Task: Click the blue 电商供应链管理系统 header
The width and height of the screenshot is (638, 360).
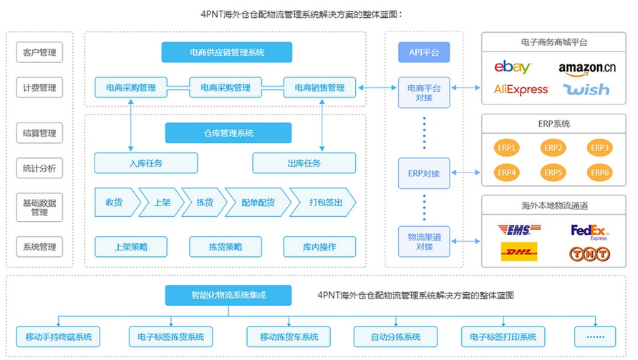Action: pos(226,52)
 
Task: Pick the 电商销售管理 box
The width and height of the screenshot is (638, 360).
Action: pos(319,88)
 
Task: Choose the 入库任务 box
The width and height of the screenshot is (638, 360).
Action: pos(146,163)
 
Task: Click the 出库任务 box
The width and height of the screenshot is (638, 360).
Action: pos(304,163)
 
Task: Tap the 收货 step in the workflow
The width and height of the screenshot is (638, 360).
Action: pos(114,203)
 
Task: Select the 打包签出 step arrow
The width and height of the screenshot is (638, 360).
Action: pos(324,203)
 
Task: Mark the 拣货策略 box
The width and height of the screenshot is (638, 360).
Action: pos(225,247)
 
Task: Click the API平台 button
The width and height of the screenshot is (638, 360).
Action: pos(424,52)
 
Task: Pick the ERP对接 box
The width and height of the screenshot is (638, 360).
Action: pos(424,172)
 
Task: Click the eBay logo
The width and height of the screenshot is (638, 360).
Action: pos(513,68)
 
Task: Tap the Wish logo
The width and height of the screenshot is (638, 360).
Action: pos(586,89)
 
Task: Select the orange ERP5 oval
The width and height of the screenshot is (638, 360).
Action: pos(553,172)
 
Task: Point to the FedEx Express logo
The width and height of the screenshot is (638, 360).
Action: pos(589,232)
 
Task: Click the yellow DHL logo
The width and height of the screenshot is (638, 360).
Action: pos(519,253)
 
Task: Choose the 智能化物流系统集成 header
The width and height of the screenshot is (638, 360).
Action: pos(228,294)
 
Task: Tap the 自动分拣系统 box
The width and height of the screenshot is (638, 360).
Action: pos(396,336)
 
